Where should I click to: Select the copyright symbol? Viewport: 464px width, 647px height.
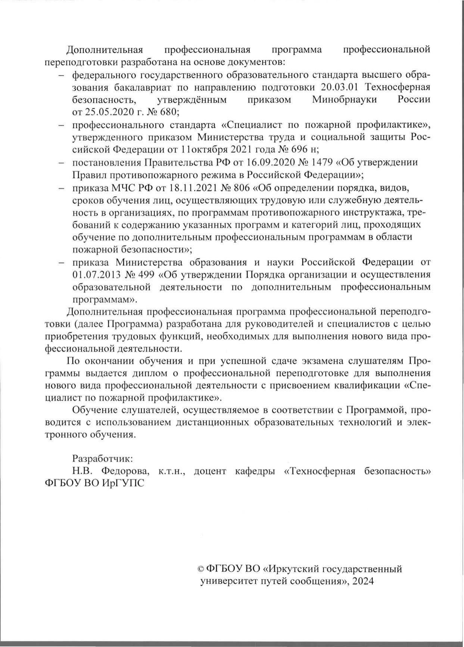[x=200, y=569]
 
